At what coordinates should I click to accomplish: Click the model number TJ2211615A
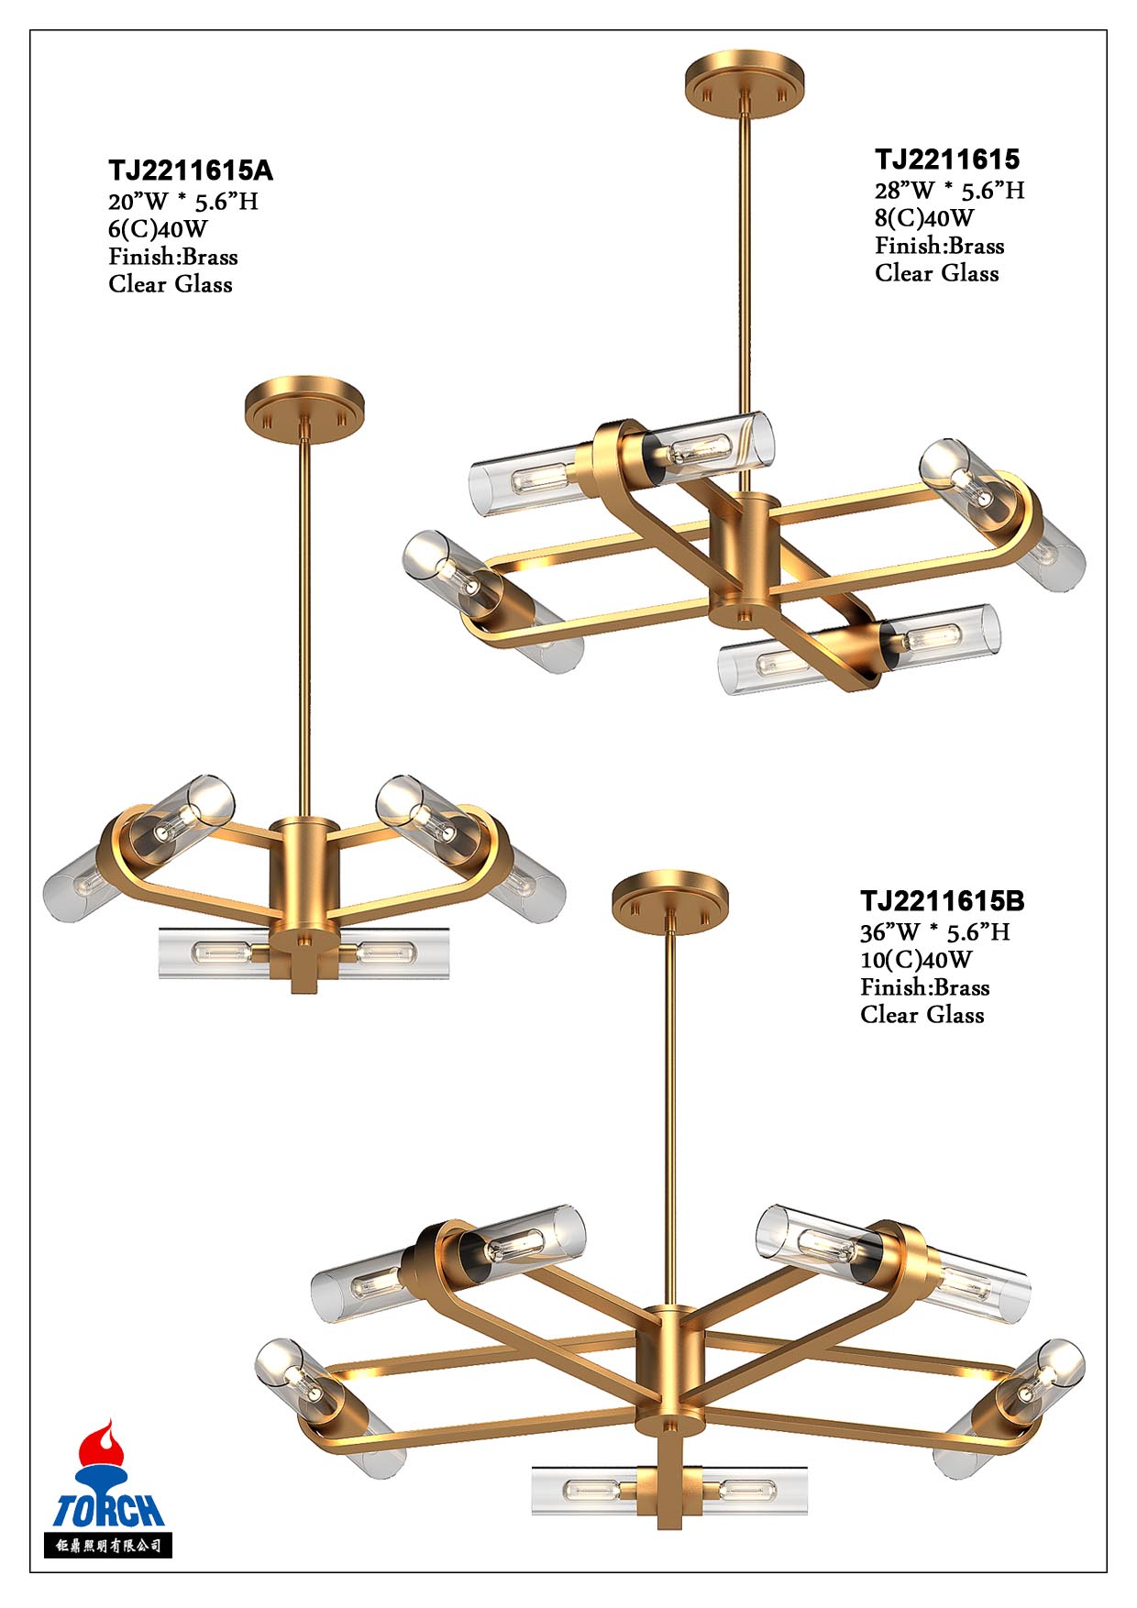191,171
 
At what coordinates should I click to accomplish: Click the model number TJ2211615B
943,901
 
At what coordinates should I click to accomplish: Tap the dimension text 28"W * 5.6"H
949,191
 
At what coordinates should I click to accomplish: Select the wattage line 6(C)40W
158,229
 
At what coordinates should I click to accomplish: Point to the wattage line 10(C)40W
916,960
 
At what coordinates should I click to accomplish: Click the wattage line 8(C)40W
924,218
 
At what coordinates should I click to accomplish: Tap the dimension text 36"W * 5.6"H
935,932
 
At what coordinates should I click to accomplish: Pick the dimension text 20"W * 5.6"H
183,202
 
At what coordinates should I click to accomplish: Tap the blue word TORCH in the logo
108,1510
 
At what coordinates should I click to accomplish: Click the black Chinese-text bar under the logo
108,1546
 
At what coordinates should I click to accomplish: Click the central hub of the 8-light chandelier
745,558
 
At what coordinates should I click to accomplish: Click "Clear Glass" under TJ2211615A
171,284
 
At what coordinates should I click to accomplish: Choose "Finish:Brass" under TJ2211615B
925,987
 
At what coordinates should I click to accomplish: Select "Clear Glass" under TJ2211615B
922,1015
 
